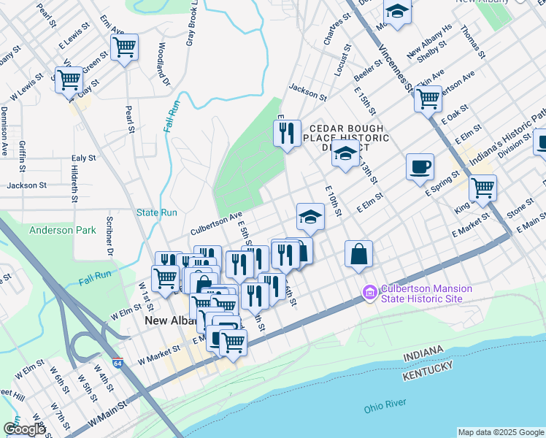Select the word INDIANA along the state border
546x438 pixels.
point(422,354)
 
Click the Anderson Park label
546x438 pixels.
point(62,231)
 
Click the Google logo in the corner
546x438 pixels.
point(24,429)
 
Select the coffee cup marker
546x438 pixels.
point(420,167)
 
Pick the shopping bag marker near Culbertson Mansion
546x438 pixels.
point(358,254)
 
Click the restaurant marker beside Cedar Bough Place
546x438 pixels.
point(287,133)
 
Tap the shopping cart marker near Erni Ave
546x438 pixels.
point(124,47)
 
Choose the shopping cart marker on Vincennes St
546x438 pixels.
point(428,98)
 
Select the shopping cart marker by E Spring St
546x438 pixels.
point(482,188)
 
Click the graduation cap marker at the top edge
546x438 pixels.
point(397,12)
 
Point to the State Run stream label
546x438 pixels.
point(156,213)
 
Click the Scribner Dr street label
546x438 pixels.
point(112,240)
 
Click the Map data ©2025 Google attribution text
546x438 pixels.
point(500,432)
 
